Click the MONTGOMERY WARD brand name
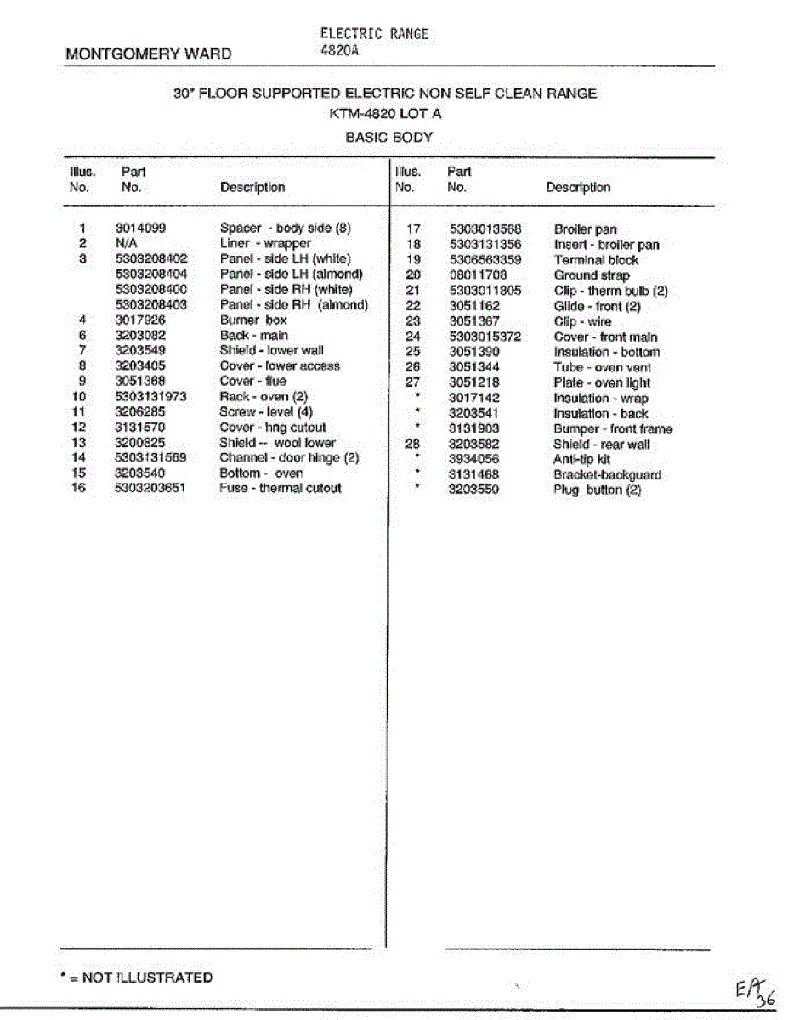pos(148,54)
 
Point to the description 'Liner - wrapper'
pos(265,243)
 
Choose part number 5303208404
pos(150,274)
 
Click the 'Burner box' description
pos(253,320)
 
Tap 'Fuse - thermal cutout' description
pos(281,488)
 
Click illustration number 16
pos(79,488)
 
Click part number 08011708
pos(478,275)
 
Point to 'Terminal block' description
pos(596,260)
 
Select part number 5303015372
pos(485,337)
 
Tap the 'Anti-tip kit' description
pos(581,459)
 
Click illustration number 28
pos(413,444)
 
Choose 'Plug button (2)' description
pos(597,490)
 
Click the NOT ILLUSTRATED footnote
pos(136,977)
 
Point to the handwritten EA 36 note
pos(755,993)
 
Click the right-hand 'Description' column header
pos(578,187)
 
